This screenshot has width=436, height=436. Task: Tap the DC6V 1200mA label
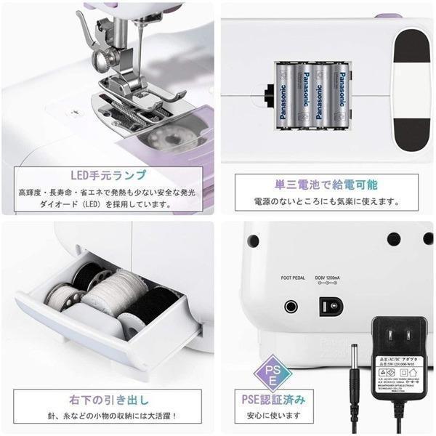[x=332, y=278]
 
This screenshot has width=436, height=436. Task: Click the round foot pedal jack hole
[x=292, y=305]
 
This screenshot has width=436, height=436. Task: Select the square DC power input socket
[x=331, y=306]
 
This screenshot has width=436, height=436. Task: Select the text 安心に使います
[x=273, y=416]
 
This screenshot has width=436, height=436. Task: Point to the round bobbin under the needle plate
[x=167, y=138]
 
